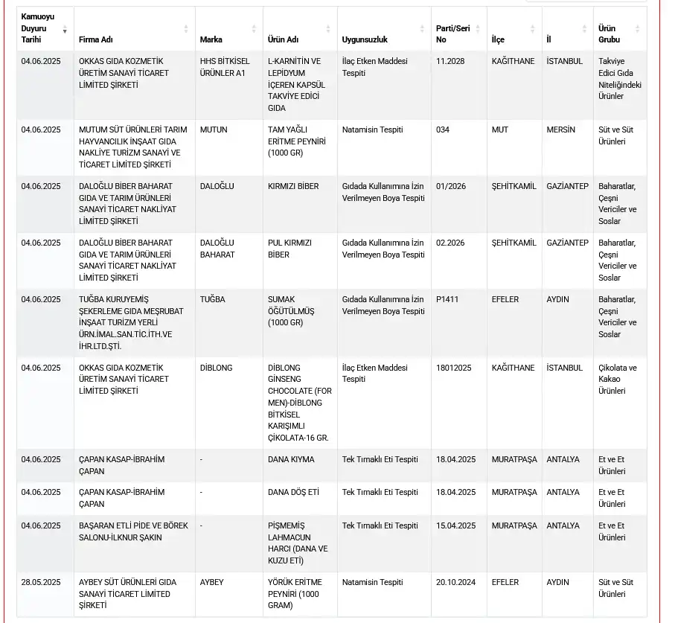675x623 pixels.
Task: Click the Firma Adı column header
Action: pos(96,39)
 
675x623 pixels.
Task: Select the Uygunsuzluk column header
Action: pos(365,39)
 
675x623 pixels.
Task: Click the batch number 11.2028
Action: pos(450,61)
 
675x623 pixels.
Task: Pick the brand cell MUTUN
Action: pos(214,130)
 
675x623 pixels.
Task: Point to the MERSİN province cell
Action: pos(562,130)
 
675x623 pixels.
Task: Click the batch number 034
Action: pos(443,130)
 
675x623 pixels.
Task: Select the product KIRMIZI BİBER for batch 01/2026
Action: pos(293,186)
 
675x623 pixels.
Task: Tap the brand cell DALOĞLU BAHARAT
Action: pos(217,249)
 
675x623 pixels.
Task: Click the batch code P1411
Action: pos(448,299)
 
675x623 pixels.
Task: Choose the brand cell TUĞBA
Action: pos(213,299)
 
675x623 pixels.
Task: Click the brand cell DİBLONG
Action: pos(217,368)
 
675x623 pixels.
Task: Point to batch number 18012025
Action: pos(454,368)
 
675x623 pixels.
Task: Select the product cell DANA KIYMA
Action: pos(291,459)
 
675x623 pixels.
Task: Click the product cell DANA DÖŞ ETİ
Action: pos(293,492)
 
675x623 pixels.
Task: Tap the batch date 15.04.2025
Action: pos(455,525)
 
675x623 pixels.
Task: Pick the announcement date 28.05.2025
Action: pos(41,582)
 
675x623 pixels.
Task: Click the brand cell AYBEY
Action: pos(212,582)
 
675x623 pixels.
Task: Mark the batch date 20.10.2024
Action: pos(455,582)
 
